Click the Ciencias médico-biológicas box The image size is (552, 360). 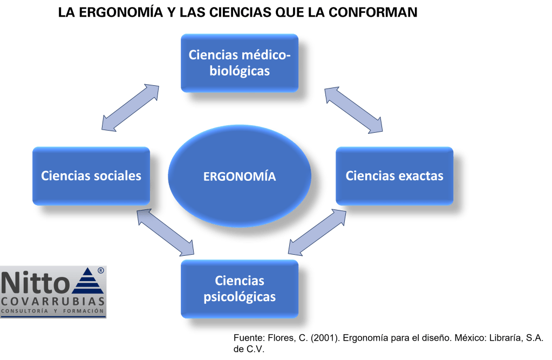tap(240, 63)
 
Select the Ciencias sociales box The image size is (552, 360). tap(91, 176)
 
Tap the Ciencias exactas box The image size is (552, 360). tap(394, 176)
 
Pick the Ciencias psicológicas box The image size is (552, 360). tap(240, 289)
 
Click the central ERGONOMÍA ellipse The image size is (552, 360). tap(240, 176)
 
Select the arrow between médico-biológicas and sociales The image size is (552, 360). tap(130, 107)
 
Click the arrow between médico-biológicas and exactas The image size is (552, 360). tap(353, 110)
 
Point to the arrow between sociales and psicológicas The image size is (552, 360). tap(166, 232)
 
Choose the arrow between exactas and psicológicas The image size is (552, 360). tap(317, 232)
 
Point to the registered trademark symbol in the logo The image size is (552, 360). tap(101, 270)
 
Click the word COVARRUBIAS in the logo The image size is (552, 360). tap(53, 301)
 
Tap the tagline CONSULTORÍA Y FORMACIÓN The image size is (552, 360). tap(53, 312)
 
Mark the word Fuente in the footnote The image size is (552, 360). tap(248, 338)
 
